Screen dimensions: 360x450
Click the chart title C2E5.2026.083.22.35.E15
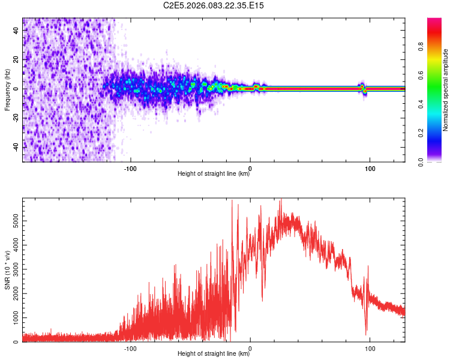click(x=214, y=5)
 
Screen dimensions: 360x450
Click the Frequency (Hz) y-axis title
click(x=7, y=90)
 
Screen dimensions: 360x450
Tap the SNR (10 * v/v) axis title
click(x=7, y=270)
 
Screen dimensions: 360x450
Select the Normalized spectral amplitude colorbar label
click(x=446, y=90)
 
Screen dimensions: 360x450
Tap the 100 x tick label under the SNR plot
click(x=370, y=348)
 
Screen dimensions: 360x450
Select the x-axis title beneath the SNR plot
click(x=214, y=354)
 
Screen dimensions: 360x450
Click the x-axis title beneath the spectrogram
click(x=214, y=174)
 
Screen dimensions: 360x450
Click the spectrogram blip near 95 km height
click(x=362, y=88)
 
